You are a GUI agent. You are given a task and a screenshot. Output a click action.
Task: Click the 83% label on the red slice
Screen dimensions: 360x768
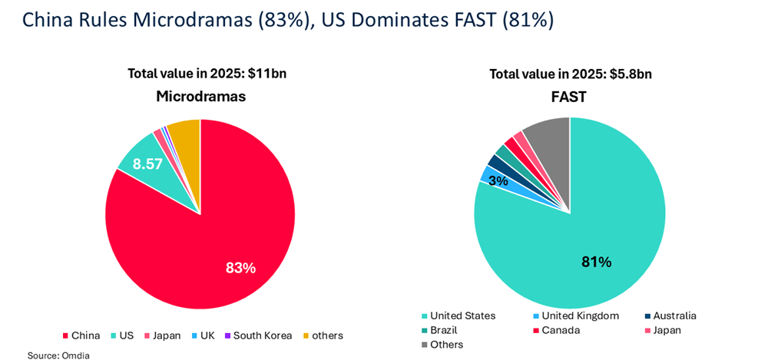(240, 268)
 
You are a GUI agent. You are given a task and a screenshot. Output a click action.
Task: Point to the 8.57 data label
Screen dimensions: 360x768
(148, 163)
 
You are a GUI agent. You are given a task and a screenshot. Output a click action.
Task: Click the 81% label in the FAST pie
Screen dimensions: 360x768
(596, 262)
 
